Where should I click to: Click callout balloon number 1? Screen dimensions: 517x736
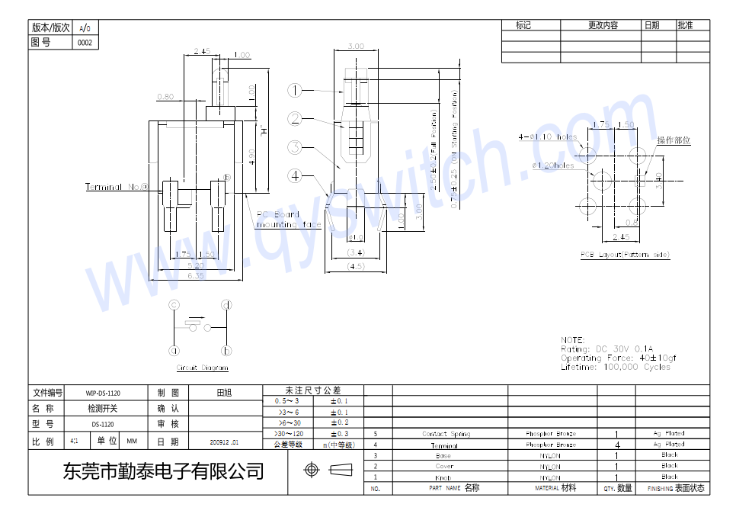pos(296,90)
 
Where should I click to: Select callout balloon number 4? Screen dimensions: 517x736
pos(296,175)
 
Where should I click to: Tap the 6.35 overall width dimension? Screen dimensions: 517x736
pos(196,276)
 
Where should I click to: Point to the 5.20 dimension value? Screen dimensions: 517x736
pos(196,265)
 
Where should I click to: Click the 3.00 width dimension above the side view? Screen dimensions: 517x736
pos(355,47)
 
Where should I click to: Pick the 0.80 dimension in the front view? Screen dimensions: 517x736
pos(165,97)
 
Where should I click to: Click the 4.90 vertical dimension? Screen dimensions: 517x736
pos(251,156)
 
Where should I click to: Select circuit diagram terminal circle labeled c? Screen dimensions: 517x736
pos(174,305)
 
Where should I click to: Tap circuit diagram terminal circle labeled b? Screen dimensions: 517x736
pos(226,351)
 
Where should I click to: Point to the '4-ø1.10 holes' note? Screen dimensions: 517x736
pos(548,137)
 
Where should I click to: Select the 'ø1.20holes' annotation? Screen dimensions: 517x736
pos(553,165)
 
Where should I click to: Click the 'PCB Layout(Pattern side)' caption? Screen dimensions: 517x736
pos(625,255)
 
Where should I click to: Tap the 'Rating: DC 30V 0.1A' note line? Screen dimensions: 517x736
pos(606,348)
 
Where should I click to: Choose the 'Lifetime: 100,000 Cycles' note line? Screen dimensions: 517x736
pos(616,367)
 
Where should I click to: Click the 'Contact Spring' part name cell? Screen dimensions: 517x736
pos(446,434)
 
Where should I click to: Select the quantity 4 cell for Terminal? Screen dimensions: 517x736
pos(616,445)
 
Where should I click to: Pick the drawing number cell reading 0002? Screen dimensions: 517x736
pos(85,43)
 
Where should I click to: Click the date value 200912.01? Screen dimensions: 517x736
pos(224,442)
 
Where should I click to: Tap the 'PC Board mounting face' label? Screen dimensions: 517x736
pos(288,220)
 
